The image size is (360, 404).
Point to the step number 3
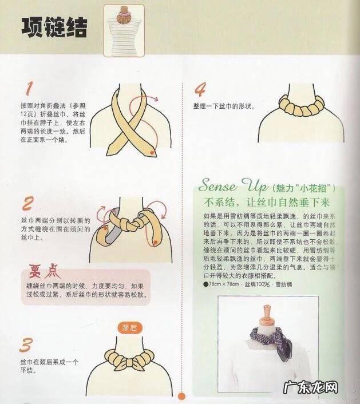click(26, 346)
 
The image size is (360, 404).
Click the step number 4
click(200, 90)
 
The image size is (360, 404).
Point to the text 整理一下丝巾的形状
click(224, 107)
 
